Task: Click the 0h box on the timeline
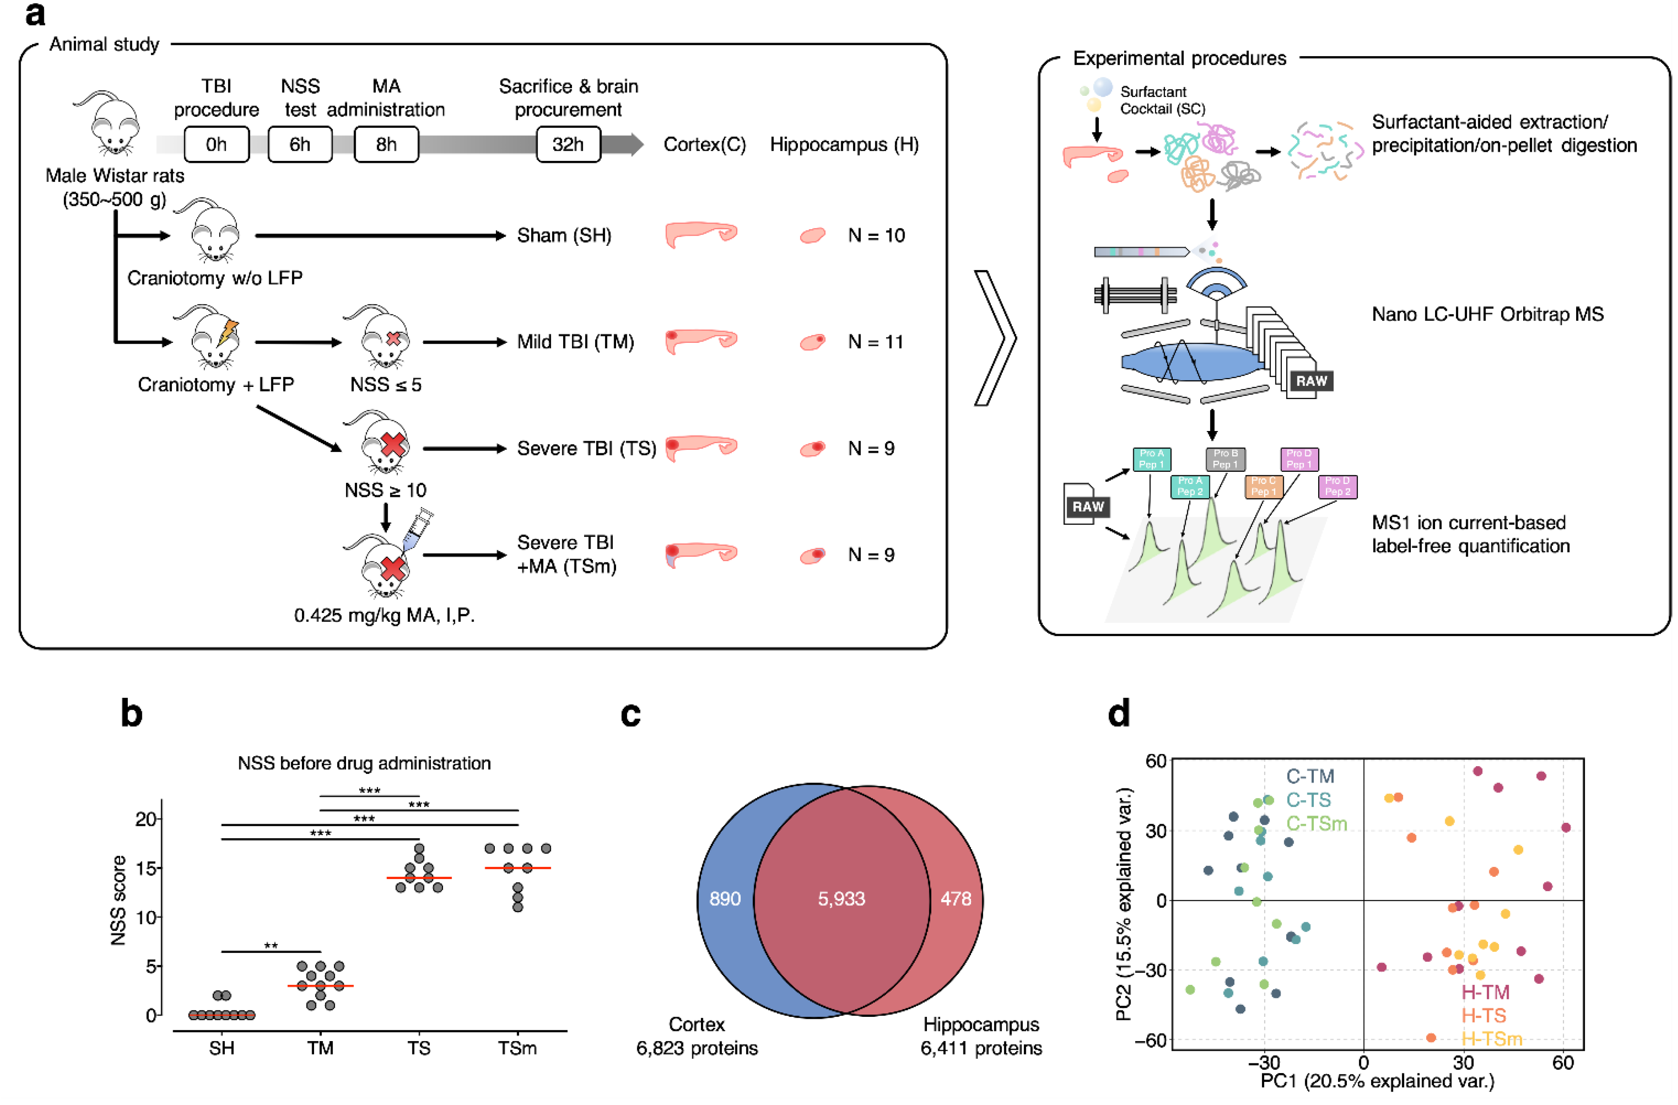pyautogui.click(x=216, y=145)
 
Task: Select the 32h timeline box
pyautogui.click(x=568, y=145)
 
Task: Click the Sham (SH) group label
pyautogui.click(x=564, y=236)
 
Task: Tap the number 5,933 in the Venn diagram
pyautogui.click(x=841, y=899)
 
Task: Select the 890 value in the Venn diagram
pyautogui.click(x=725, y=899)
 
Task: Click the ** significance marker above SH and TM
pyautogui.click(x=271, y=946)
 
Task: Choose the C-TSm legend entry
pyautogui.click(x=1316, y=824)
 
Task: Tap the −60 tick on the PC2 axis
pyautogui.click(x=1150, y=1041)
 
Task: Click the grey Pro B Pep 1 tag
pyautogui.click(x=1225, y=459)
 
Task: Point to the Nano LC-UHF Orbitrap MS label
pyautogui.click(x=1488, y=315)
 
